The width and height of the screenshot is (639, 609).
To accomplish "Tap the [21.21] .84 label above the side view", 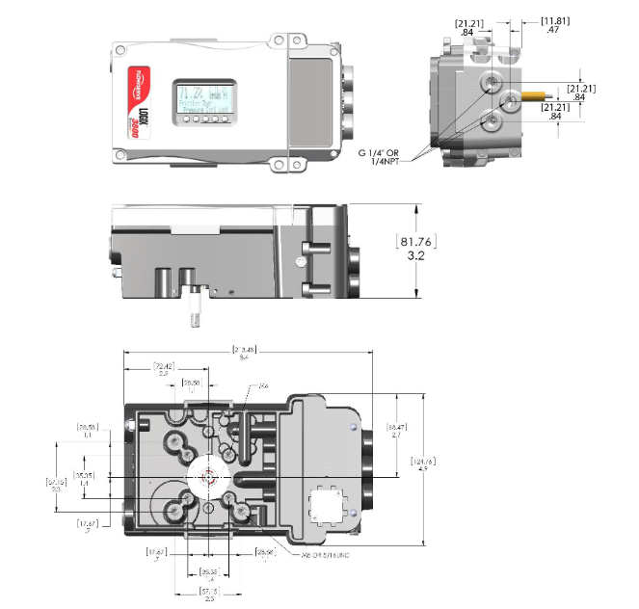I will point(473,26).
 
